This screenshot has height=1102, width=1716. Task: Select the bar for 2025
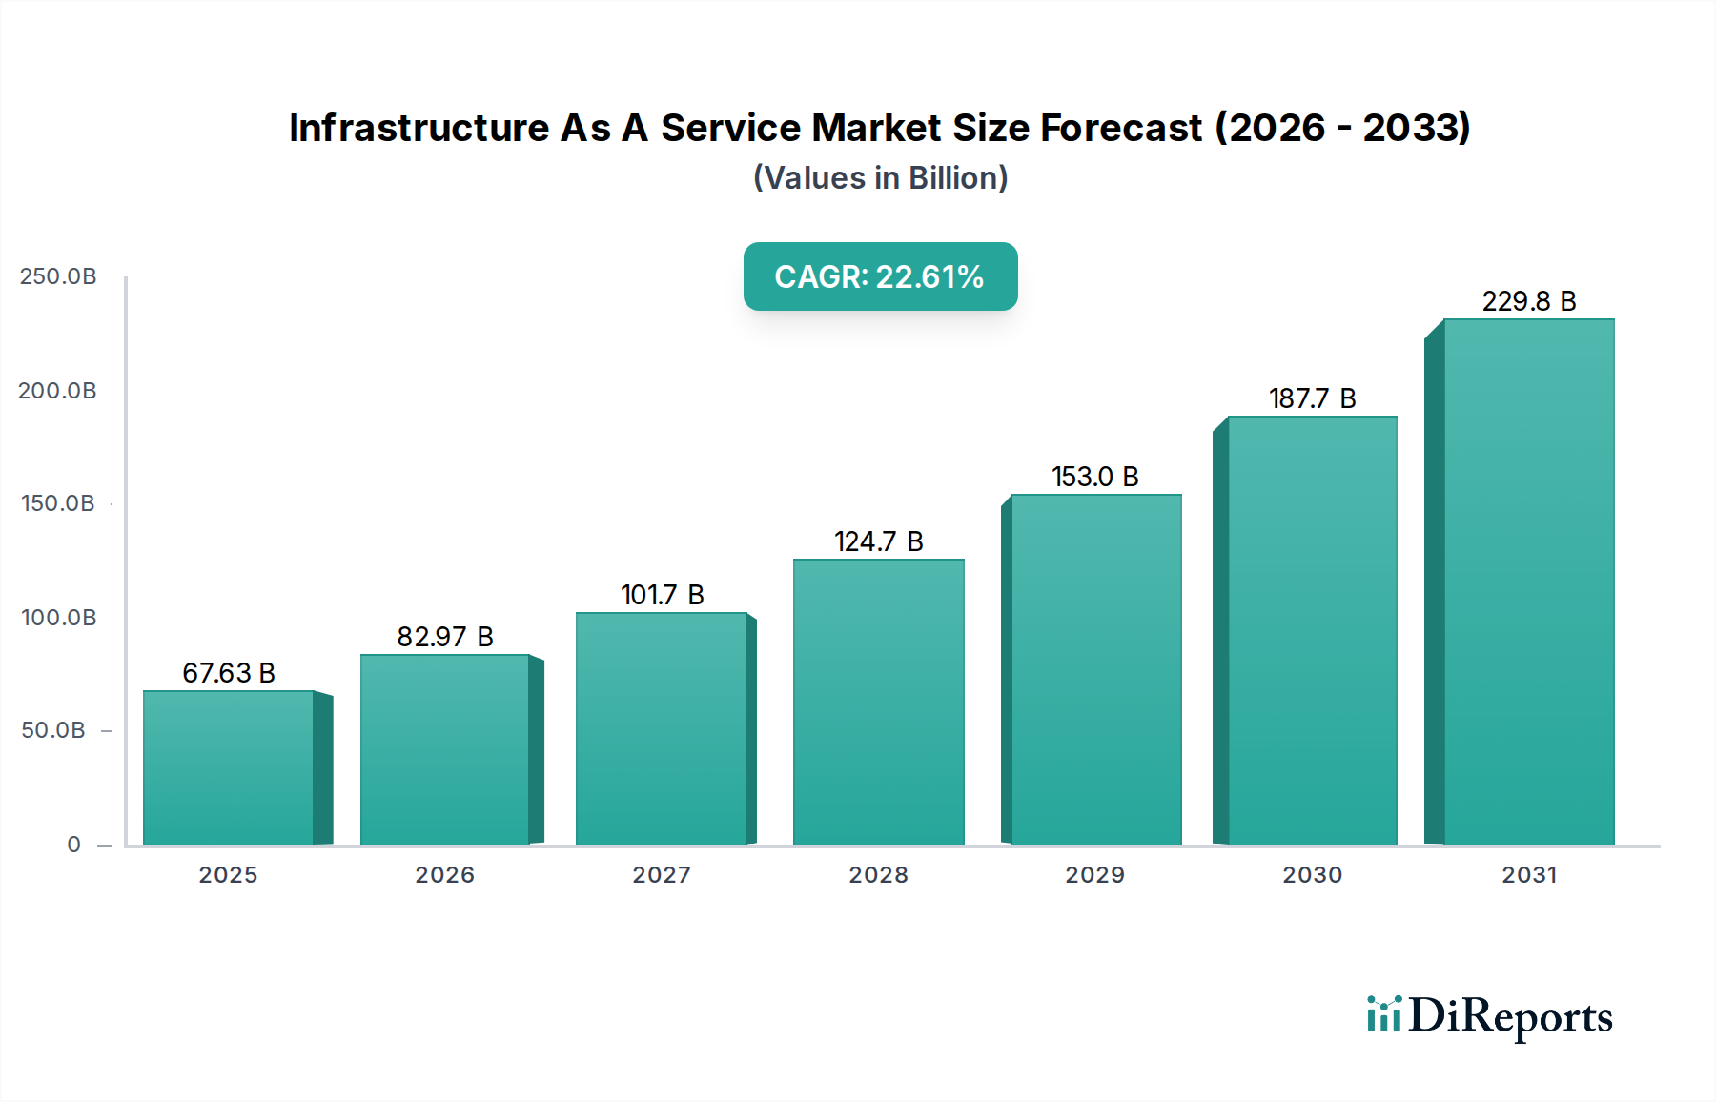pos(229,767)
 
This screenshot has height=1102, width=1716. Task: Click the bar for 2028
pos(878,702)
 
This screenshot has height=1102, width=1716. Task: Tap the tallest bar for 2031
pos(1528,582)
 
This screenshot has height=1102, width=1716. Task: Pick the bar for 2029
pos(1095,669)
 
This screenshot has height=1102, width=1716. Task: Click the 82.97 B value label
pos(445,637)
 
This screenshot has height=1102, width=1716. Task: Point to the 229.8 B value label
pos(1528,301)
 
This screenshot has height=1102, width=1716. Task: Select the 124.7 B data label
pos(878,541)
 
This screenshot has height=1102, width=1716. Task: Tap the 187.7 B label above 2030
pos(1312,398)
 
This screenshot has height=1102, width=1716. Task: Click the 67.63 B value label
pos(229,673)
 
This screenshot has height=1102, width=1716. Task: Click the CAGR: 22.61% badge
pos(880,276)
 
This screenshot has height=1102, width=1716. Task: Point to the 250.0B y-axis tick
pos(58,276)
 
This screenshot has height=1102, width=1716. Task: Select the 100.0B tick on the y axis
pos(58,618)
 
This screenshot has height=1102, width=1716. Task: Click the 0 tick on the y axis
pos(73,845)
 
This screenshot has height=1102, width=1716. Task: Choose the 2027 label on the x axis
pos(662,875)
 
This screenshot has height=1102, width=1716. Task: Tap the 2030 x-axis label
pos(1312,875)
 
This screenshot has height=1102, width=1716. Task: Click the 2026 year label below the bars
pos(444,875)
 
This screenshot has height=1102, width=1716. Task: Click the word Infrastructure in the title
pos(419,128)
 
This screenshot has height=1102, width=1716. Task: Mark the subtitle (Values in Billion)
pos(880,178)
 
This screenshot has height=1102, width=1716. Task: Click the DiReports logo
pos(1489,1016)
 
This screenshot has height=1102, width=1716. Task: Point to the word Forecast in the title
pos(1121,128)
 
